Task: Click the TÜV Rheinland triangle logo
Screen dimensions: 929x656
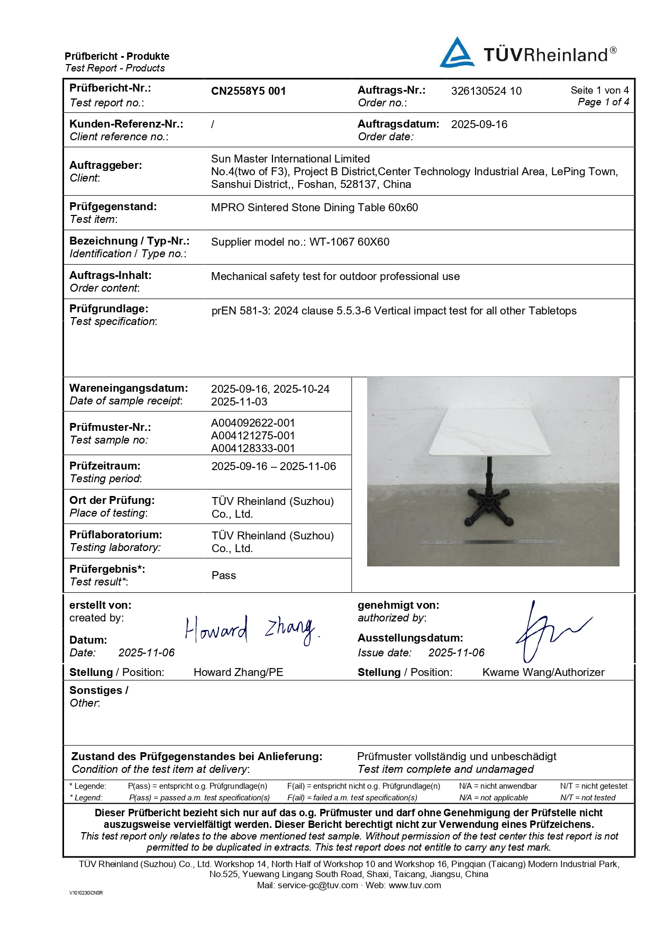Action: pyautogui.click(x=457, y=53)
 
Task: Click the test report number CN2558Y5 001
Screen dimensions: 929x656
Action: pyautogui.click(x=248, y=91)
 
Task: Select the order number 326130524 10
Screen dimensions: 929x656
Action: pyautogui.click(x=486, y=91)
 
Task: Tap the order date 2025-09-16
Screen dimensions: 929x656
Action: pyautogui.click(x=479, y=124)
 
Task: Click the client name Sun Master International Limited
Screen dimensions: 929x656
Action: pyautogui.click(x=290, y=159)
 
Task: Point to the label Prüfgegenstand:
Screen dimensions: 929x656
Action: pyautogui.click(x=113, y=206)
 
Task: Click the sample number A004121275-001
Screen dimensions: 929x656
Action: pyautogui.click(x=253, y=436)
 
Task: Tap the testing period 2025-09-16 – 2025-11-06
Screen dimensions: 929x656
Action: pyautogui.click(x=274, y=466)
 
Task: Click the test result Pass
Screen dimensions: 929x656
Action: pyautogui.click(x=223, y=575)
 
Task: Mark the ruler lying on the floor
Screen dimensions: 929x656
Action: pyautogui.click(x=492, y=542)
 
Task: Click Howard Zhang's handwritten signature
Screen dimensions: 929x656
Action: pyautogui.click(x=251, y=630)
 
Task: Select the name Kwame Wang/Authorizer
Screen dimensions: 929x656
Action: pyautogui.click(x=543, y=672)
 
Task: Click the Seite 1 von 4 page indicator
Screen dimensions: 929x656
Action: pyautogui.click(x=599, y=91)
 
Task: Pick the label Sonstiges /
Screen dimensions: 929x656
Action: pyautogui.click(x=98, y=690)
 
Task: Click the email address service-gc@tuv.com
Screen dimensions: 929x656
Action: pyautogui.click(x=317, y=885)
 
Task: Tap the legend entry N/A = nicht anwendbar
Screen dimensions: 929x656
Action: pyautogui.click(x=497, y=786)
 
